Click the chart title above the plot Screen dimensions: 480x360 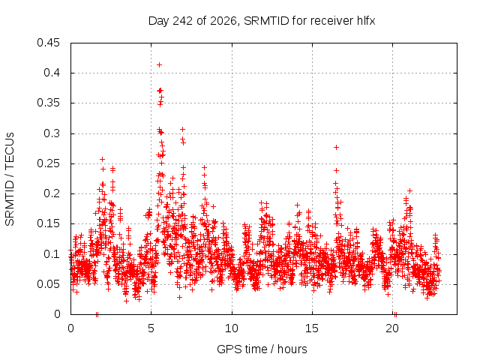pyautogui.click(x=262, y=21)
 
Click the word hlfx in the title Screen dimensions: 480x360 pyautogui.click(x=366, y=21)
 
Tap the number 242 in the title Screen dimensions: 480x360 pyautogui.click(x=182, y=21)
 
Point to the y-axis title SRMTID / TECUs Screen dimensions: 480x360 pyautogui.click(x=10, y=179)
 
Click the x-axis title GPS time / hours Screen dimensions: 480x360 pyautogui.click(x=262, y=349)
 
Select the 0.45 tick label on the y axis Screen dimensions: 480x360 pyautogui.click(x=48, y=43)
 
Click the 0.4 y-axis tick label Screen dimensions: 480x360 pyautogui.click(x=52, y=73)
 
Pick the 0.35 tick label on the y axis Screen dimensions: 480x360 pyautogui.click(x=48, y=103)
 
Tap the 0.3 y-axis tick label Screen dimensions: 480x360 pyautogui.click(x=52, y=133)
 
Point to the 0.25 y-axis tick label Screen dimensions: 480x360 pyautogui.click(x=48, y=163)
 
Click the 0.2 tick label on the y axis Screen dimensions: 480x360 pyautogui.click(x=52, y=193)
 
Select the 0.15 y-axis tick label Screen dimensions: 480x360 pyautogui.click(x=48, y=223)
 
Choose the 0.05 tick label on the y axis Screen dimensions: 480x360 pyautogui.click(x=48, y=284)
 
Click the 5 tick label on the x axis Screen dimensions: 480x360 pyautogui.click(x=151, y=328)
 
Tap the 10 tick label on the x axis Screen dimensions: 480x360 pyautogui.click(x=232, y=328)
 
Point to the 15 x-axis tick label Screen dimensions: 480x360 pyautogui.click(x=312, y=328)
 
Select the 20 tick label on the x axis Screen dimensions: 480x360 pyautogui.click(x=392, y=328)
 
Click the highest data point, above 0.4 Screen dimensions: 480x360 pyautogui.click(x=159, y=65)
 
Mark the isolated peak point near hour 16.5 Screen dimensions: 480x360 pyautogui.click(x=336, y=148)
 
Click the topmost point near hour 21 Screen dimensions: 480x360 pyautogui.click(x=410, y=191)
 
